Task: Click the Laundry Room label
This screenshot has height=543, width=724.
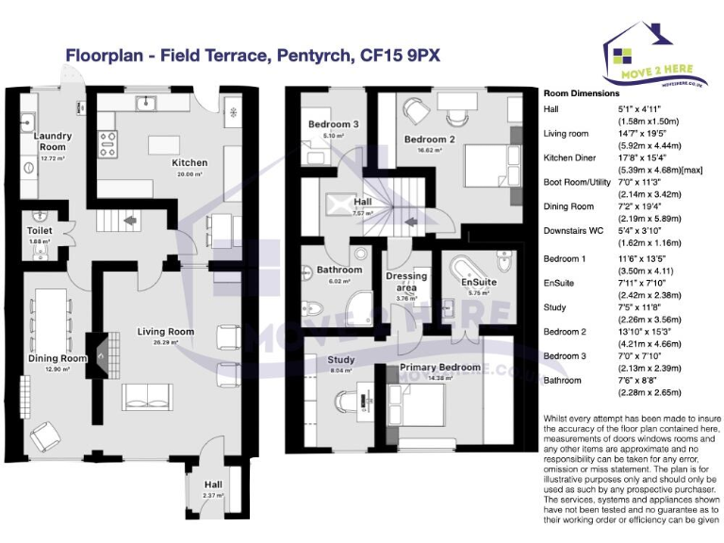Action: pyautogui.click(x=52, y=141)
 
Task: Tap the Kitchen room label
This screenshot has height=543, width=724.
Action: pyautogui.click(x=189, y=163)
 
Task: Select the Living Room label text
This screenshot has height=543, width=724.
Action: pyautogui.click(x=166, y=332)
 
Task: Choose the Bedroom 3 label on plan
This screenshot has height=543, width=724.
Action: pyautogui.click(x=333, y=125)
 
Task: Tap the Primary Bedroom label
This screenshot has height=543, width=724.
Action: pyautogui.click(x=439, y=368)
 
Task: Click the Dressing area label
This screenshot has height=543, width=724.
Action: pyautogui.click(x=406, y=282)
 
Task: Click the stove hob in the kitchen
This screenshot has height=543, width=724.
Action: pyautogui.click(x=108, y=143)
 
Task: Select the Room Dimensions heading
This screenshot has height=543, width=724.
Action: pyautogui.click(x=582, y=94)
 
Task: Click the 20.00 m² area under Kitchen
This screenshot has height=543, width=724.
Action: pyautogui.click(x=189, y=174)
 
